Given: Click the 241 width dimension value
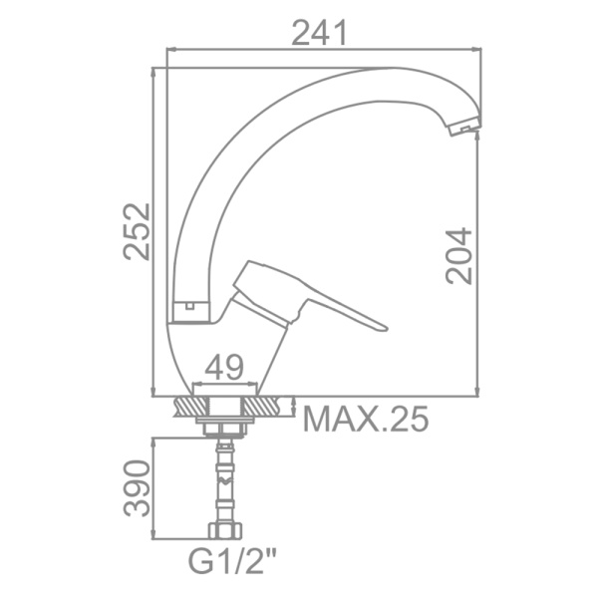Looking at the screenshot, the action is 320,33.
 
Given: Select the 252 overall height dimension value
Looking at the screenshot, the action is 137,231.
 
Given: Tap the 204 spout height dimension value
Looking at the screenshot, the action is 458,256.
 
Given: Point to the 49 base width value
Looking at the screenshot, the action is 224,367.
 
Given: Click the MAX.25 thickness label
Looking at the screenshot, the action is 366,419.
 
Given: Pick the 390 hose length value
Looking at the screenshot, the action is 137,488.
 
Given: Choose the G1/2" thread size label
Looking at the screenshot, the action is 232,560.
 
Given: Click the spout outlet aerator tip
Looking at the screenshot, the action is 463,127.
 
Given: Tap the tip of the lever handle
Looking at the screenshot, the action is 385,328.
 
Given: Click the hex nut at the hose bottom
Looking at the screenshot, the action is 225,530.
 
